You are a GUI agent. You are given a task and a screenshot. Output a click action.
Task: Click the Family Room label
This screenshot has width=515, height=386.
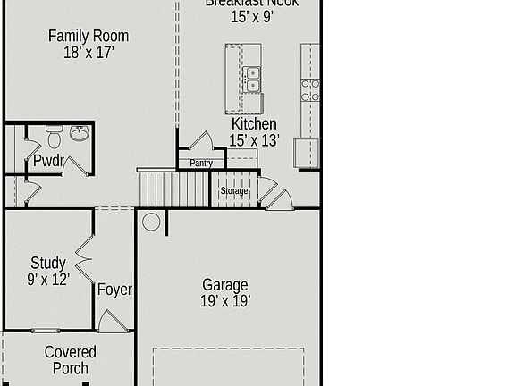[88, 36]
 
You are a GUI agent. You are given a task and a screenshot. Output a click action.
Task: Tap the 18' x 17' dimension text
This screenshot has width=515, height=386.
[88, 53]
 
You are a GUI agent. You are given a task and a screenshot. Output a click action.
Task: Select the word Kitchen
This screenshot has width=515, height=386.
[254, 124]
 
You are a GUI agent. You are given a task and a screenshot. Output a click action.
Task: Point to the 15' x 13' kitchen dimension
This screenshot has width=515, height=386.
[254, 140]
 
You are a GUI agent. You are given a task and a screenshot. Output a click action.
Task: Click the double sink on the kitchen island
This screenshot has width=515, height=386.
[252, 80]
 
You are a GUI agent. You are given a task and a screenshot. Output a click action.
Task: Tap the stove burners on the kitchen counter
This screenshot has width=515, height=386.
[310, 89]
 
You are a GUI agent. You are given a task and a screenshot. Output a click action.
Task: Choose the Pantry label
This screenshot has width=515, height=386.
[201, 164]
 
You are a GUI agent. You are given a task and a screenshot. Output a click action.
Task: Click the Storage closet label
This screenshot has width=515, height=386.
[234, 191]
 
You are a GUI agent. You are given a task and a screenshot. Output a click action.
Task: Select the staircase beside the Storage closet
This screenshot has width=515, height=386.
[175, 189]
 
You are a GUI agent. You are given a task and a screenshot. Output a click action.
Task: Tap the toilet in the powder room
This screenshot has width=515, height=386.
[54, 137]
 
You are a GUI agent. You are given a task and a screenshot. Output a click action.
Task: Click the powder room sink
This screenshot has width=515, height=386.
[80, 135]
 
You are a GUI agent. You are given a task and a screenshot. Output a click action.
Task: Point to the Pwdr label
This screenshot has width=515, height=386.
[48, 162]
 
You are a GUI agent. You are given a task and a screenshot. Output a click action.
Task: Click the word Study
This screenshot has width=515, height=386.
[48, 263]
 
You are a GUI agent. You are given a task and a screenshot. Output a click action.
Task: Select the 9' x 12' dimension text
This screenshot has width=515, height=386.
[48, 279]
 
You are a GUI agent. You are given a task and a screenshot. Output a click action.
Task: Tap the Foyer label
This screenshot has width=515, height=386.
[114, 289]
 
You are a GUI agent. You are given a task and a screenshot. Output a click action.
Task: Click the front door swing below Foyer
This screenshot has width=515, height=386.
[111, 322]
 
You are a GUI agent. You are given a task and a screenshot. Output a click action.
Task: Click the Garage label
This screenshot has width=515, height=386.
[225, 285]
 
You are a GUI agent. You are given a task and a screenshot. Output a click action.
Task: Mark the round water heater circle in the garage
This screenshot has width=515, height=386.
[151, 222]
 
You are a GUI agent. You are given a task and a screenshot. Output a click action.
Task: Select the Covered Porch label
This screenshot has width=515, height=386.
[70, 360]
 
